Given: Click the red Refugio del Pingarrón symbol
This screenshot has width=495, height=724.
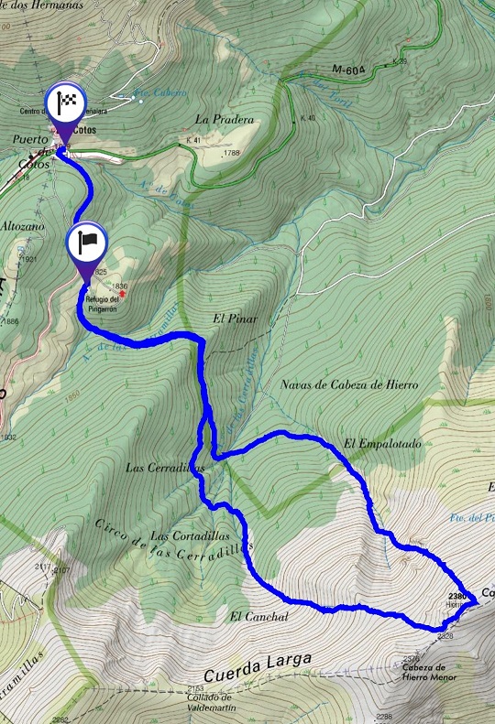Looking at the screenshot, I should click(x=134, y=294).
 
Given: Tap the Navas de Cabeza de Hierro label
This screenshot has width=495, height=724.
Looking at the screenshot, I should click(x=349, y=385).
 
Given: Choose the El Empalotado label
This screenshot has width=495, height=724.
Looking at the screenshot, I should click(x=382, y=445).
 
